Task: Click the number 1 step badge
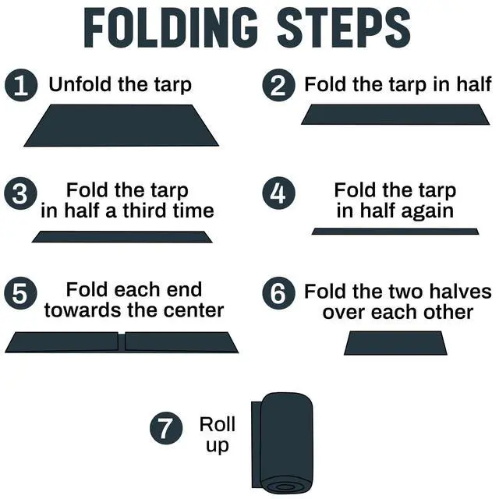pos(21,85)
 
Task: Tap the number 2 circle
pos(278,85)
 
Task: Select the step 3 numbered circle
pos(20,193)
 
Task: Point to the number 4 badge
pos(278,193)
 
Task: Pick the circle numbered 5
pos(20,293)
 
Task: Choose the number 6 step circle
pos(278,293)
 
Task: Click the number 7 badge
pos(166,428)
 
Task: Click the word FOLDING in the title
pos(171,28)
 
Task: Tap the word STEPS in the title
pos(344,28)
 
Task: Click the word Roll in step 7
pos(218,424)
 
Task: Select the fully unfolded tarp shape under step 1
pos(122,126)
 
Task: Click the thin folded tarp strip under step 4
pos(395,232)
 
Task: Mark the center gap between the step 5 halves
pos(122,342)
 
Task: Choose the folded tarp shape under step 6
pos(395,343)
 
